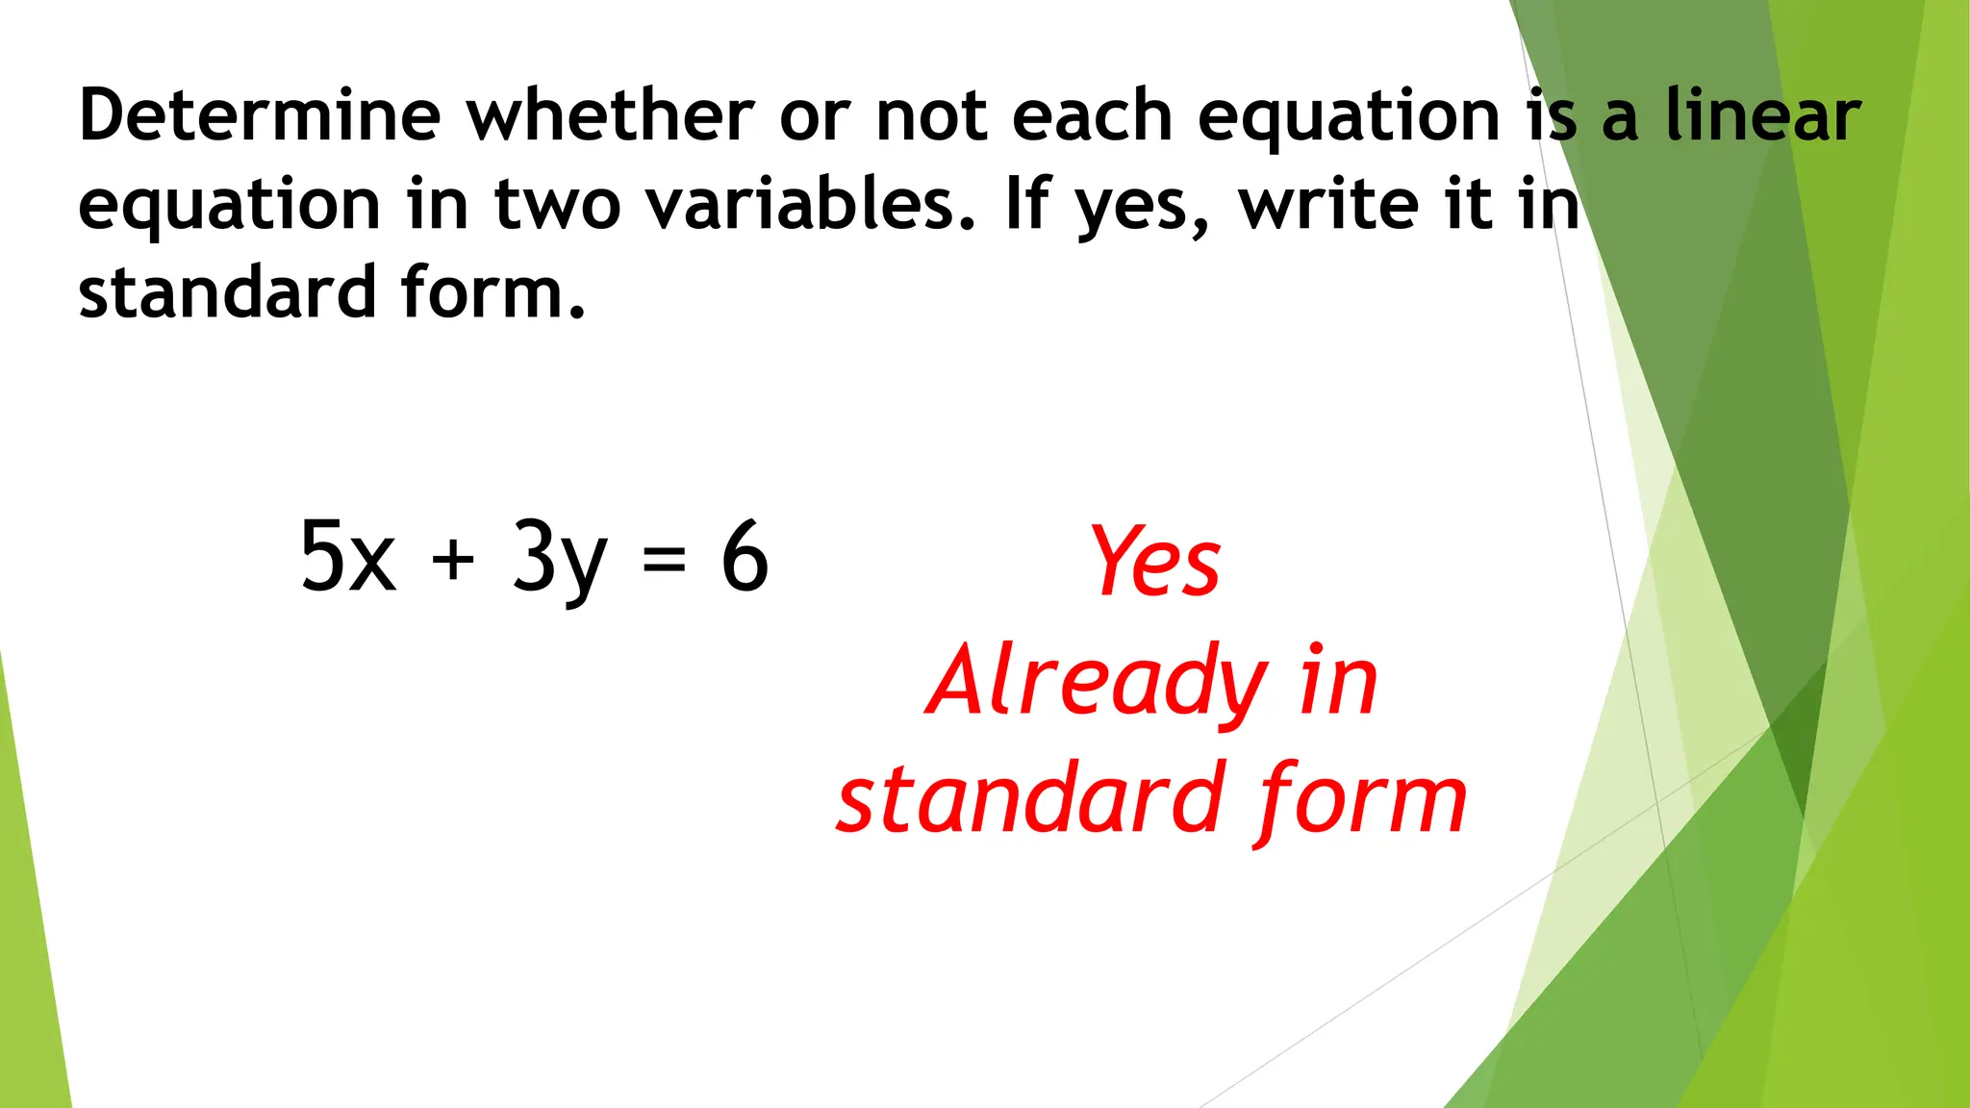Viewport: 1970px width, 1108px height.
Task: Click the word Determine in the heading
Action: [260, 115]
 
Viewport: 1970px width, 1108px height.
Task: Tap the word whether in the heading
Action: [610, 115]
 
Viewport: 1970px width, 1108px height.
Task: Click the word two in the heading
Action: [557, 204]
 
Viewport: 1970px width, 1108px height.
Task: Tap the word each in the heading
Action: [1092, 115]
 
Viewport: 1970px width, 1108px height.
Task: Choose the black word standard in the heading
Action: [227, 292]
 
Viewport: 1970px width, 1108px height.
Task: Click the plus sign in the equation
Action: [453, 560]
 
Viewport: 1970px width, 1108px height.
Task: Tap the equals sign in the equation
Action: [664, 560]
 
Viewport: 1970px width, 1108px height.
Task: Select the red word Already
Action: [1098, 683]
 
